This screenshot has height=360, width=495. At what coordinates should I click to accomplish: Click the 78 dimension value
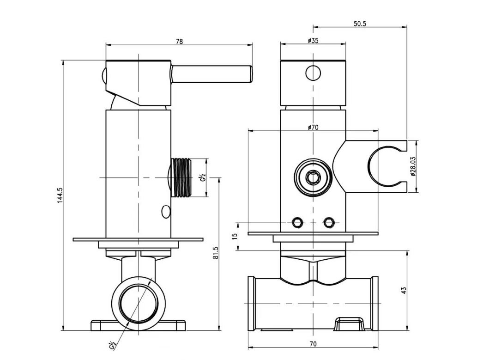(179, 41)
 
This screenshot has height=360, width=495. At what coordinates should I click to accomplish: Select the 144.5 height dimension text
(60, 195)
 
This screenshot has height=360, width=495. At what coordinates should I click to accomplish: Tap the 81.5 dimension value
(216, 253)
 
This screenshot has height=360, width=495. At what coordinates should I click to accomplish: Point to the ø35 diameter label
(313, 41)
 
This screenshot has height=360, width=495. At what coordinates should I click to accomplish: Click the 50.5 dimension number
(360, 24)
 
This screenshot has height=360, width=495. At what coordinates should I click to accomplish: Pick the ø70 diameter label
(313, 128)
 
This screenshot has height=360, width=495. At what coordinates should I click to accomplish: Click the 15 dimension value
(235, 236)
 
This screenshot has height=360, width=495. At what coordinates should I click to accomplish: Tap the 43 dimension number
(404, 291)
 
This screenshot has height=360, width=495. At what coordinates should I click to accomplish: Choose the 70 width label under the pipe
(313, 344)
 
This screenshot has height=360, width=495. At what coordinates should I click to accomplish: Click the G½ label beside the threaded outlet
(203, 177)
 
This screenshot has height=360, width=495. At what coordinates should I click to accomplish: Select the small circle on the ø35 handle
(313, 73)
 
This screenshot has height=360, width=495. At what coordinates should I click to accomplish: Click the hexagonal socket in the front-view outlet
(313, 177)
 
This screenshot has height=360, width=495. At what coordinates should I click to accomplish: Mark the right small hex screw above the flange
(329, 223)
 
